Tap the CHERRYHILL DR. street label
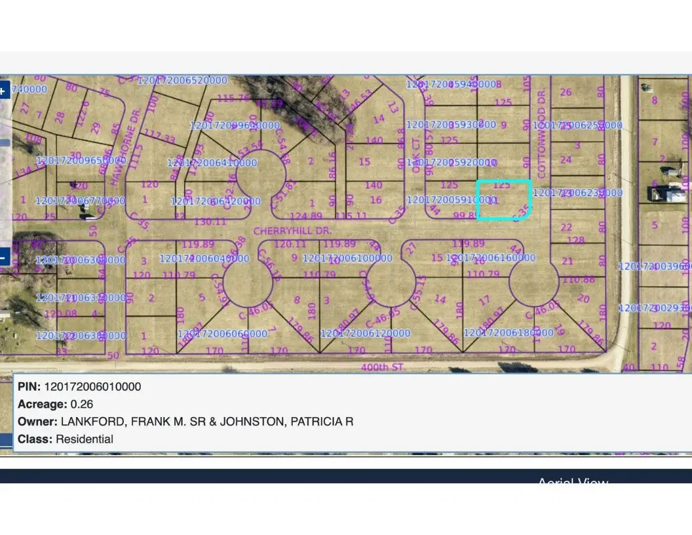click(x=293, y=231)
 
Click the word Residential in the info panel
click(x=85, y=439)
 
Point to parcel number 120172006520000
click(x=182, y=80)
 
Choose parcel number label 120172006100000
click(x=347, y=258)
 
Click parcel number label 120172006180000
click(x=509, y=333)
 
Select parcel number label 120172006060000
click(x=222, y=334)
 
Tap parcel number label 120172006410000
click(x=212, y=163)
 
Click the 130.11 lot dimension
click(x=210, y=222)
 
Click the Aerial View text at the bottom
click(x=573, y=482)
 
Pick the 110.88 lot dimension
click(x=578, y=280)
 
